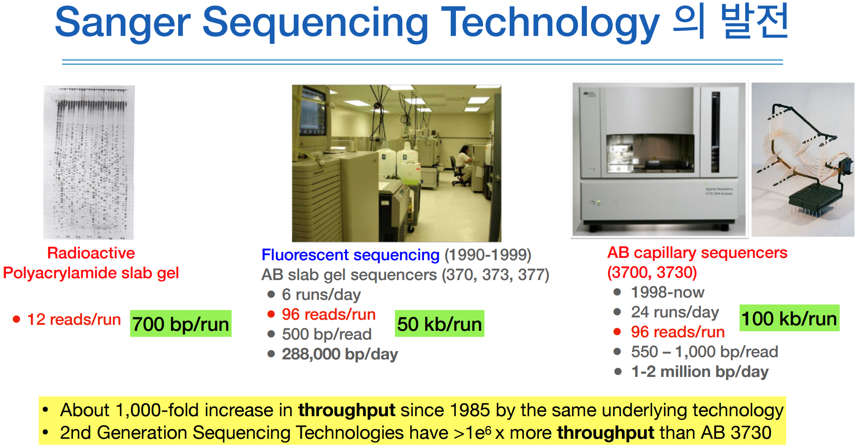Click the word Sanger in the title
tap(123, 23)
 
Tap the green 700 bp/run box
tap(181, 323)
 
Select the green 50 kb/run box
tap(440, 323)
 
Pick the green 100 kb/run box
tap(789, 318)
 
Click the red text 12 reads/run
tap(74, 319)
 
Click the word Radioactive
tap(91, 253)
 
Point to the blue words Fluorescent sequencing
tap(351, 255)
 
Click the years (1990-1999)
tap(488, 255)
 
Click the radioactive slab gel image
tap(89, 162)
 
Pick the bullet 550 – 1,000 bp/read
tap(705, 352)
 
